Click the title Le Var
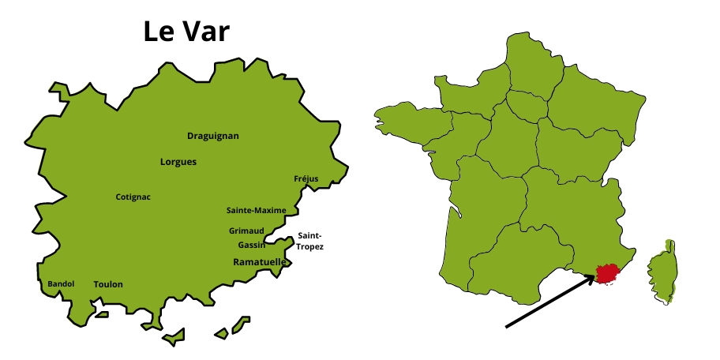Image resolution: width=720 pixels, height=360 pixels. pyautogui.click(x=186, y=32)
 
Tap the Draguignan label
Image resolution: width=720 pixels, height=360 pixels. pyautogui.click(x=212, y=136)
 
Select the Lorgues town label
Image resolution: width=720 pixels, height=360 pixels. pyautogui.click(x=178, y=162)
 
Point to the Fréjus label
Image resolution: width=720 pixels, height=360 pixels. pyautogui.click(x=306, y=178)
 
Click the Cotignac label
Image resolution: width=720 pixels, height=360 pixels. pyautogui.click(x=133, y=197)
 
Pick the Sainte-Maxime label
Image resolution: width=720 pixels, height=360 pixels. pyautogui.click(x=256, y=210)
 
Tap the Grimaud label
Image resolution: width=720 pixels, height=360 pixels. pyautogui.click(x=246, y=231)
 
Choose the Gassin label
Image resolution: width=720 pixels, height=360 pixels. pyautogui.click(x=251, y=245)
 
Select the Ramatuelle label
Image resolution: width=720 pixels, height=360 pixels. pyautogui.click(x=260, y=261)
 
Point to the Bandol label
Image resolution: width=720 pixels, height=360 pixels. pyautogui.click(x=61, y=283)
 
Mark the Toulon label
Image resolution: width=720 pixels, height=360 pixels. pyautogui.click(x=108, y=284)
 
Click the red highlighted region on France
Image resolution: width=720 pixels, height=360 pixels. pyautogui.click(x=608, y=274)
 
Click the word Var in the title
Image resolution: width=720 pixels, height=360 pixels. pyautogui.click(x=208, y=32)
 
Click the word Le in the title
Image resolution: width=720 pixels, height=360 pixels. pyautogui.click(x=158, y=32)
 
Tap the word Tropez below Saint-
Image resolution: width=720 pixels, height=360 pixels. pyautogui.click(x=309, y=247)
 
